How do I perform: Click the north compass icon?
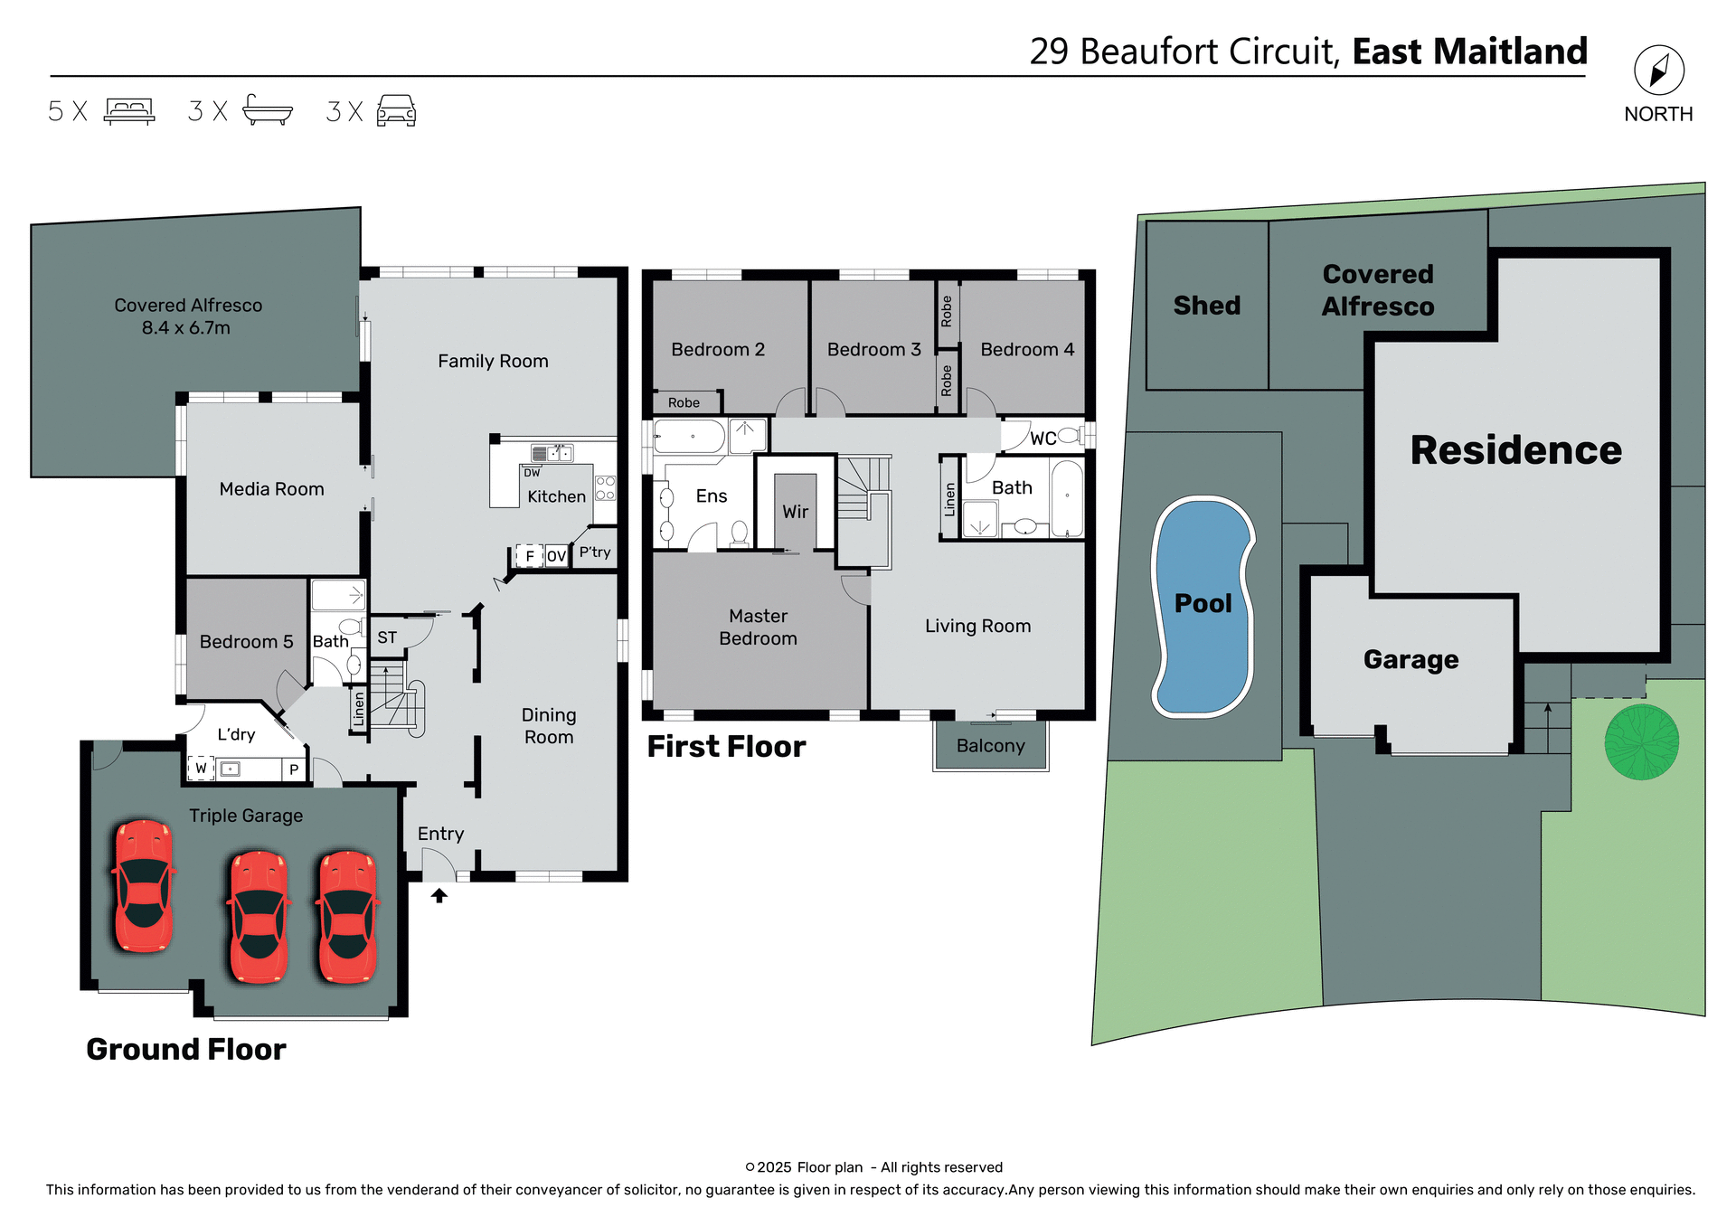tap(1658, 70)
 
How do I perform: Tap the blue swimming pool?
tap(1203, 606)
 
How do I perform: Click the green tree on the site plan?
tap(1641, 741)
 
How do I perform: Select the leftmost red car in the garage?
tap(143, 885)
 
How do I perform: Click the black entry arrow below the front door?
tap(439, 895)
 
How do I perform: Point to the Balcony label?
tap(990, 746)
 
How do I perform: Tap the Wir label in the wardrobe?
tap(795, 512)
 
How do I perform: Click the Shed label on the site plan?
tap(1206, 306)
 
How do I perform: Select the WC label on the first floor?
tap(1043, 439)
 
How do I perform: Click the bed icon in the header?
tap(129, 110)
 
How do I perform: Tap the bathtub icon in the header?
tap(268, 110)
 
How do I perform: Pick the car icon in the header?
tap(396, 110)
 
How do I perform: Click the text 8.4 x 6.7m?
tap(186, 328)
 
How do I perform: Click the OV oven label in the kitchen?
tap(556, 556)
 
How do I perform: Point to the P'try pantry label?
tap(595, 552)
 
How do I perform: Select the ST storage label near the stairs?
tap(387, 637)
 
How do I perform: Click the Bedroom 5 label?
tap(246, 642)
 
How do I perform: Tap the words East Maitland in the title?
tap(1469, 52)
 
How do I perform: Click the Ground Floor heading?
tap(185, 1049)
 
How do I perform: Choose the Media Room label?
tap(271, 489)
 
